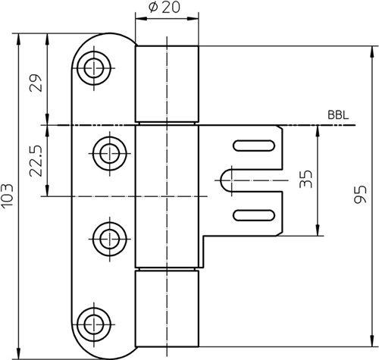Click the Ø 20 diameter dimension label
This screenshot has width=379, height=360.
pyautogui.click(x=164, y=8)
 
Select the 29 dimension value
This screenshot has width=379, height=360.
pyautogui.click(x=36, y=83)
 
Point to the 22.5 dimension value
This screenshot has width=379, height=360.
pyautogui.click(x=36, y=161)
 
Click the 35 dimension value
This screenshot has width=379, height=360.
pyautogui.click(x=305, y=179)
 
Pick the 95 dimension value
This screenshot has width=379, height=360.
pyautogui.click(x=360, y=195)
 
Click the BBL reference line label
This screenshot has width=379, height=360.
pyautogui.click(x=338, y=115)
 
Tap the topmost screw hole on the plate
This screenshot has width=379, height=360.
pyautogui.click(x=94, y=68)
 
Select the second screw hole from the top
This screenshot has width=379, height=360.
pyautogui.click(x=110, y=153)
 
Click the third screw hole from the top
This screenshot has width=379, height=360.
pyautogui.click(x=110, y=239)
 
